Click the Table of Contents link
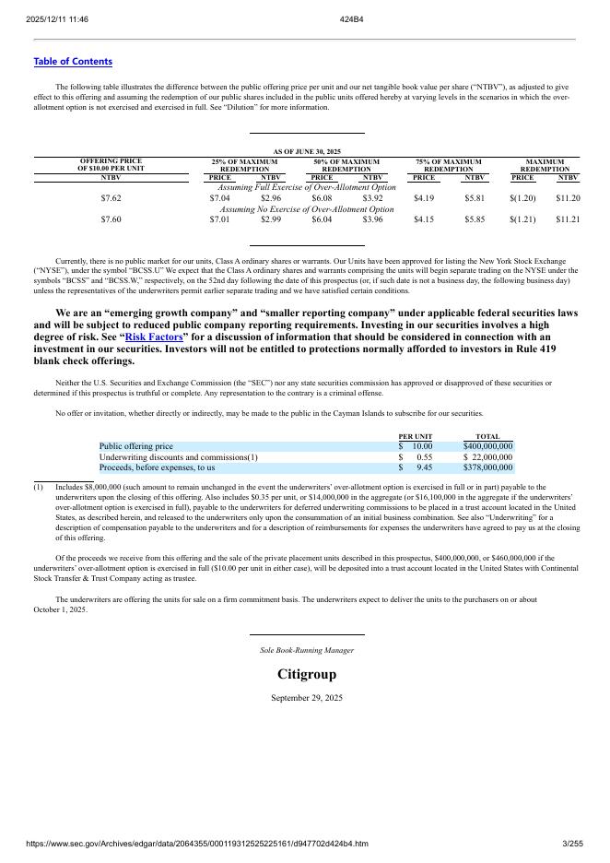pyautogui.click(x=73, y=62)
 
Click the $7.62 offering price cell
pyautogui.click(x=111, y=198)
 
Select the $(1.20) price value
pyautogui.click(x=522, y=198)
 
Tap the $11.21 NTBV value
pyautogui.click(x=568, y=220)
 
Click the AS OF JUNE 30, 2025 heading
pyautogui.click(x=307, y=151)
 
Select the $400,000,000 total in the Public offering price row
pyautogui.click(x=487, y=446)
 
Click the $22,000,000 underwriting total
pyautogui.click(x=487, y=457)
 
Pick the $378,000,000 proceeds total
pyautogui.click(x=487, y=468)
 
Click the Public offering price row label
pyautogui.click(x=135, y=446)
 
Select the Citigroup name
pyautogui.click(x=307, y=675)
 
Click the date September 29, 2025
pyautogui.click(x=307, y=698)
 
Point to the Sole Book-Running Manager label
pyautogui.click(x=307, y=650)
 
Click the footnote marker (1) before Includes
pyautogui.click(x=39, y=487)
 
